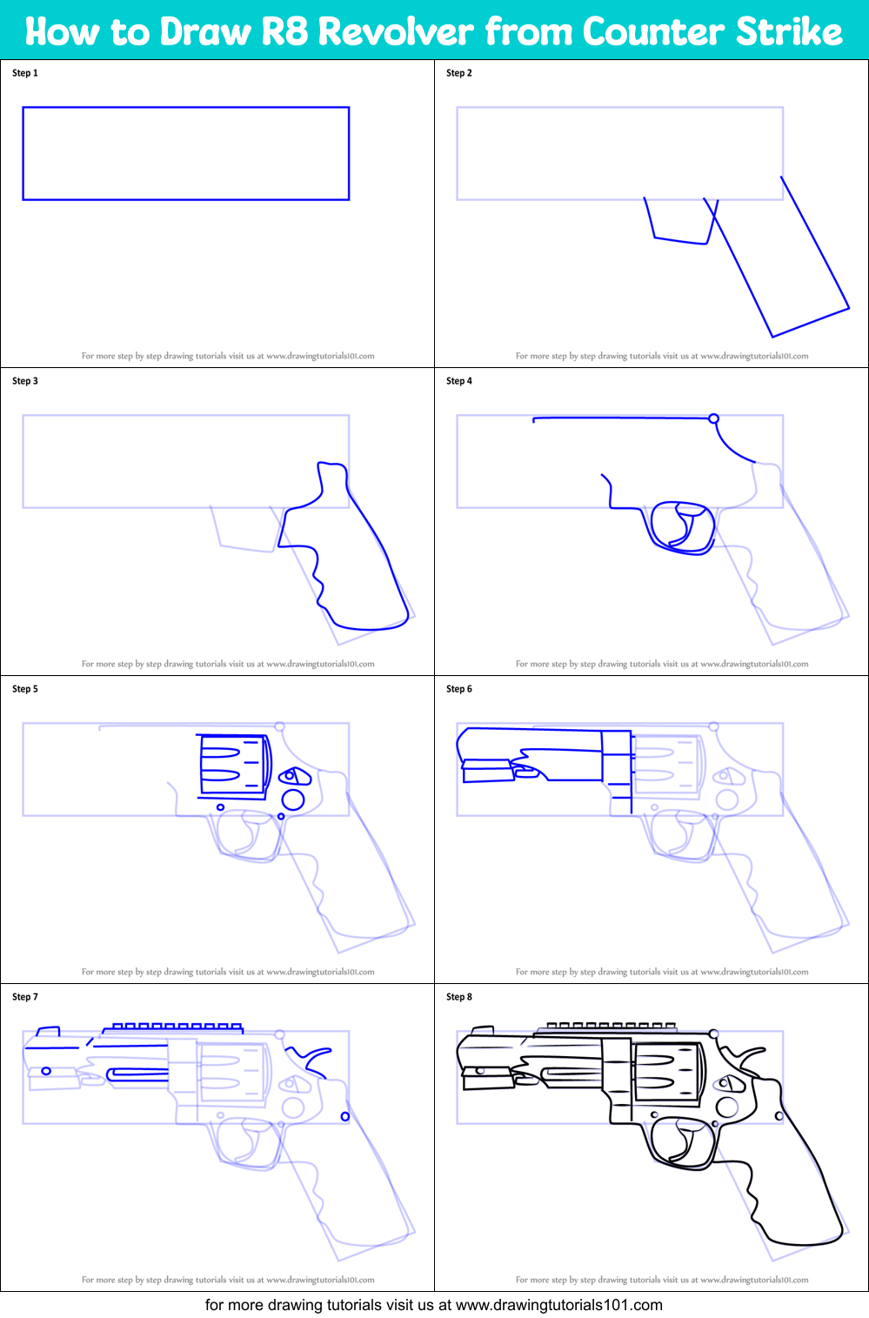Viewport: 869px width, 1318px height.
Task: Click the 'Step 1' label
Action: click(25, 73)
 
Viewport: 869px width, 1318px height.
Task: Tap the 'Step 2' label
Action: click(459, 73)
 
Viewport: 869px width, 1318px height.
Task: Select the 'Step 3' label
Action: click(25, 381)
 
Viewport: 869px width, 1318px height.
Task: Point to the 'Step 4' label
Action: click(459, 381)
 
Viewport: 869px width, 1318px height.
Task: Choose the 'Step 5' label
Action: click(25, 689)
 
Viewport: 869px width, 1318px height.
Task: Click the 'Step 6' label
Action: click(459, 689)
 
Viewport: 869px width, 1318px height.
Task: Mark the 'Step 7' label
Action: click(25, 997)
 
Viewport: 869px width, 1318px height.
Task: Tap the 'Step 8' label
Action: click(459, 997)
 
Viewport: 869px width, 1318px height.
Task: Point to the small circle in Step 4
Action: click(713, 418)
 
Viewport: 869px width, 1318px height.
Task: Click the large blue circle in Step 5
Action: click(293, 799)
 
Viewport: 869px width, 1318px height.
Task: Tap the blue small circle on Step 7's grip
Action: click(345, 1116)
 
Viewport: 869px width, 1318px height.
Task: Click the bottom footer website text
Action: click(433, 1305)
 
